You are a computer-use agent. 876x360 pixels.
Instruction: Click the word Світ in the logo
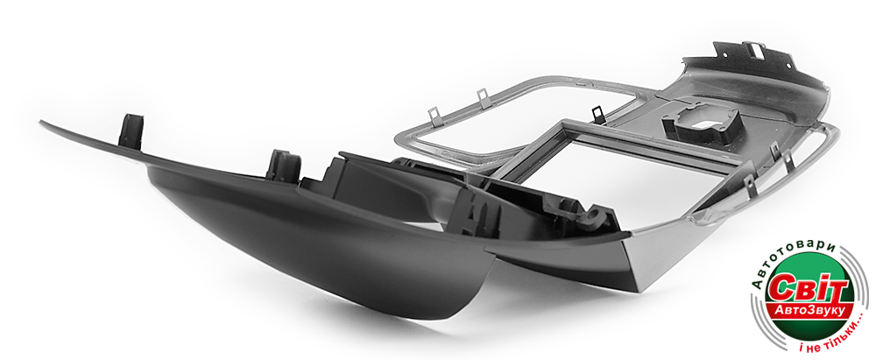[808, 289]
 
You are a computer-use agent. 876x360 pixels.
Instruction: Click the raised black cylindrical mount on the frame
[700, 124]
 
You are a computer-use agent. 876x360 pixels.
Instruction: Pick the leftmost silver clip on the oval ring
[434, 116]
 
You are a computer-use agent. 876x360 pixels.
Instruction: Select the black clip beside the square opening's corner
[597, 114]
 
